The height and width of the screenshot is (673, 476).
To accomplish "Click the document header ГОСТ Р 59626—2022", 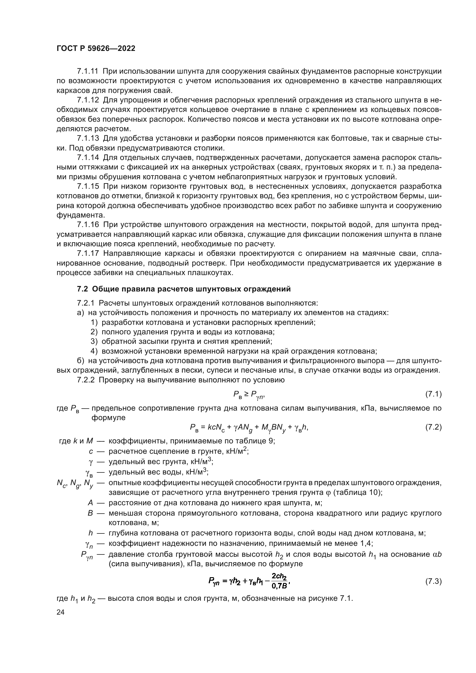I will click(96, 49).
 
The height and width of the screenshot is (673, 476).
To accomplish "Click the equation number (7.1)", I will click(433, 394).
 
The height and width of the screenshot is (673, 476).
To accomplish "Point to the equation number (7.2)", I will click(433, 427).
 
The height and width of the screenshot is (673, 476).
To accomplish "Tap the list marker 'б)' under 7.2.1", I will click(81, 361).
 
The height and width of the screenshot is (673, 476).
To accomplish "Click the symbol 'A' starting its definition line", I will click(90, 503).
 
